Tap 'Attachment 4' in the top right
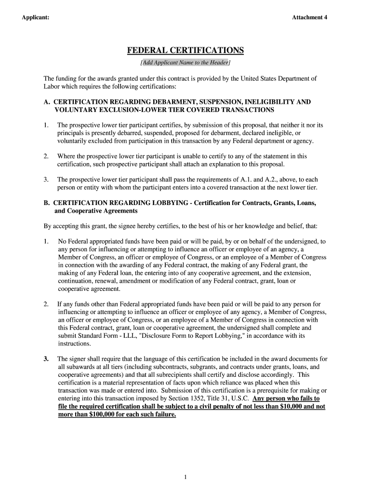(309, 18)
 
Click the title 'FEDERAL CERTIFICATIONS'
(185, 51)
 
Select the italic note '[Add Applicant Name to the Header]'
(185, 63)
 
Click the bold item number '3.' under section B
(46, 359)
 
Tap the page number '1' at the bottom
(185, 478)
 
